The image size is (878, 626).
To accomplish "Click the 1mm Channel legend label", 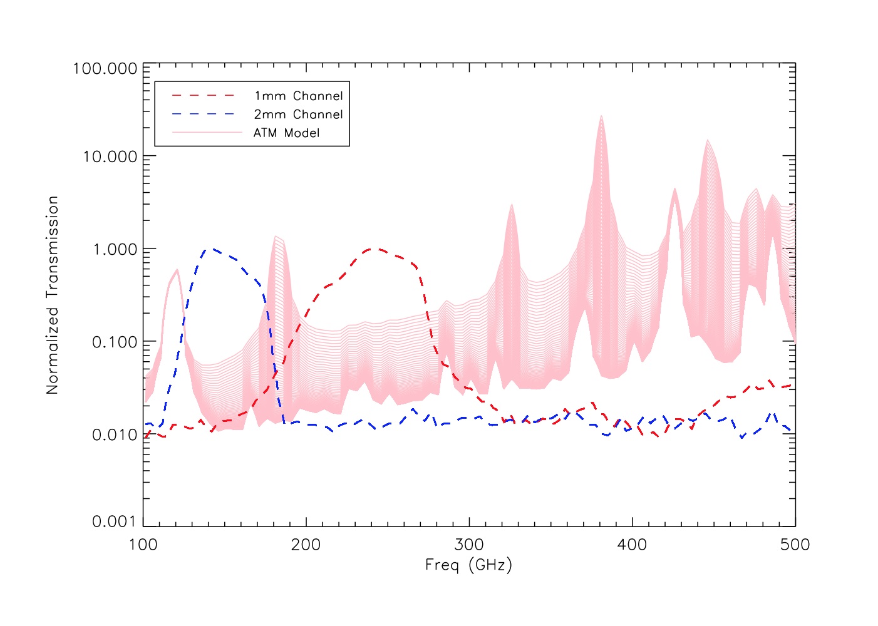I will pos(298,96).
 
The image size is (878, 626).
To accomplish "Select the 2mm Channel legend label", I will pos(298,115).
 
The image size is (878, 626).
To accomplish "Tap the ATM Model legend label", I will pos(286,133).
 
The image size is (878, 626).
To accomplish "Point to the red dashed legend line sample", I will pos(203,95).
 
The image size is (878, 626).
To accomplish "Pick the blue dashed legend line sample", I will pos(203,114).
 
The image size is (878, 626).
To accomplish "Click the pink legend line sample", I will pos(207,133).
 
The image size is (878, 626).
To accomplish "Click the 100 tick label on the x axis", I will pos(143,545).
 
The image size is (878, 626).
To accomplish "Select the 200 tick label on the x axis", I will pos(306,545).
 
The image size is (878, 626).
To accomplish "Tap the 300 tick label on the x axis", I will pos(469,545).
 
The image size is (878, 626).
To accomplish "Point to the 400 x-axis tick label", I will pos(632,545).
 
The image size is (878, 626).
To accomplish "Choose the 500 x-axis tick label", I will pos(795,545).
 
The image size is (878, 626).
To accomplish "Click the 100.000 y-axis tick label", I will pos(105,68).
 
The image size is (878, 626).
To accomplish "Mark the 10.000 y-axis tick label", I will pos(110,156).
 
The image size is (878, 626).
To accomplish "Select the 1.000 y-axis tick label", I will pos(115,249).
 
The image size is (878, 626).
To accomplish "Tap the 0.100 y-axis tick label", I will pos(115,342).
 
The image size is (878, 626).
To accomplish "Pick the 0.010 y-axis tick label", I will pos(115,434).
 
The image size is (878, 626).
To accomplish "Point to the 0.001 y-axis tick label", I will pos(115,521).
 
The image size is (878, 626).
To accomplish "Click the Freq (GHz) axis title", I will pos(468,565).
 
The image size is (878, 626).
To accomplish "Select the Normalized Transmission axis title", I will pos(53,295).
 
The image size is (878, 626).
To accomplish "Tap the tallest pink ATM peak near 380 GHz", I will pos(601,117).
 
